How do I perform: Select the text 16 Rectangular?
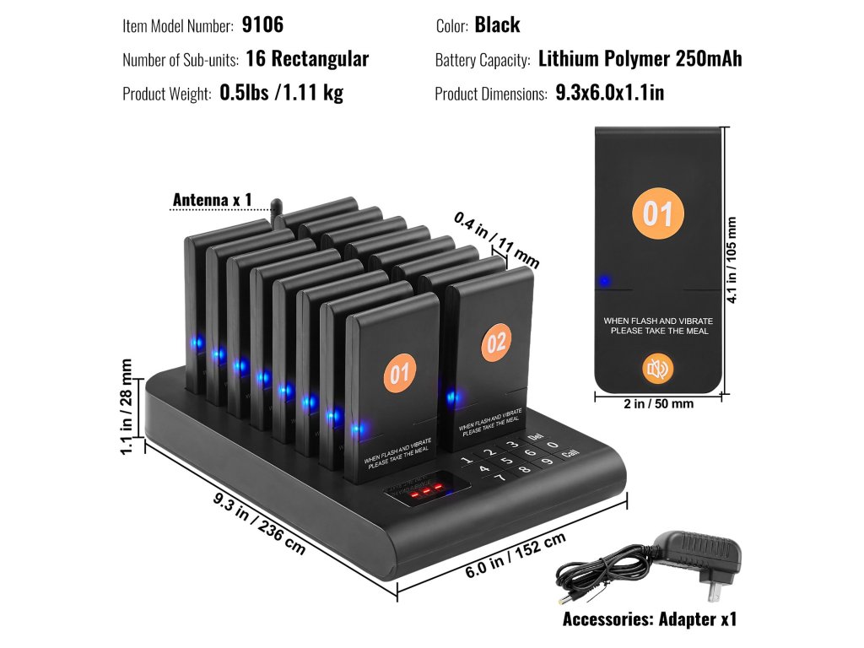(307, 59)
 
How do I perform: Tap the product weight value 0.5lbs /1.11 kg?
(281, 93)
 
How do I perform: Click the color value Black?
(497, 24)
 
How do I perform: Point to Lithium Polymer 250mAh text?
(640, 59)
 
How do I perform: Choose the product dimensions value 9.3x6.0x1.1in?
(609, 93)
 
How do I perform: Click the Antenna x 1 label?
(212, 200)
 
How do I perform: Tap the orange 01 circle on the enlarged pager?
(658, 213)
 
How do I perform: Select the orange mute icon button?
(657, 369)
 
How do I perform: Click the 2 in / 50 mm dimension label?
(658, 404)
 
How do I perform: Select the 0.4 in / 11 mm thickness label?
(496, 239)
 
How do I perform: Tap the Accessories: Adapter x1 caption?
(650, 619)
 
